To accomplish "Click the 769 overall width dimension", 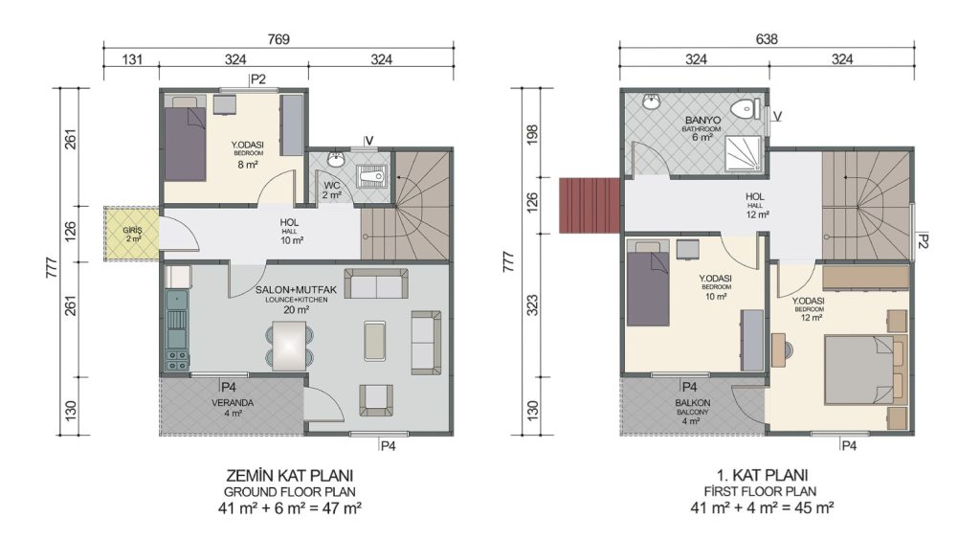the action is (278, 39).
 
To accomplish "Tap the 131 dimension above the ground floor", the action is (132, 59).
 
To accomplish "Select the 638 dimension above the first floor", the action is (767, 39).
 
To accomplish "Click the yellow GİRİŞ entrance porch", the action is (132, 235).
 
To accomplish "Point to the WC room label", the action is (332, 186).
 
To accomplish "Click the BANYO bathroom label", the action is (702, 120).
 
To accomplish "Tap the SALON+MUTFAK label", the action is (296, 290).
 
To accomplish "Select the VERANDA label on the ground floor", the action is (233, 403).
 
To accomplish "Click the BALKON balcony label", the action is (693, 403).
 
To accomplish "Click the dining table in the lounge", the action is (289, 346).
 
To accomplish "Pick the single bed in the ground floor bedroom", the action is (185, 140).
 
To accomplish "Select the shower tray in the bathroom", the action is (744, 154).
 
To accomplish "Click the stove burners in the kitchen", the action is (177, 360).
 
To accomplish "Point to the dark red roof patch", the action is (590, 205).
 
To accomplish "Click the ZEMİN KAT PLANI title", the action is (289, 475).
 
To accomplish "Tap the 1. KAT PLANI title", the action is (761, 475).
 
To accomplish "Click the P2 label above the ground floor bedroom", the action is (258, 79).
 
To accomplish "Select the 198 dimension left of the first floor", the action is (532, 133).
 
